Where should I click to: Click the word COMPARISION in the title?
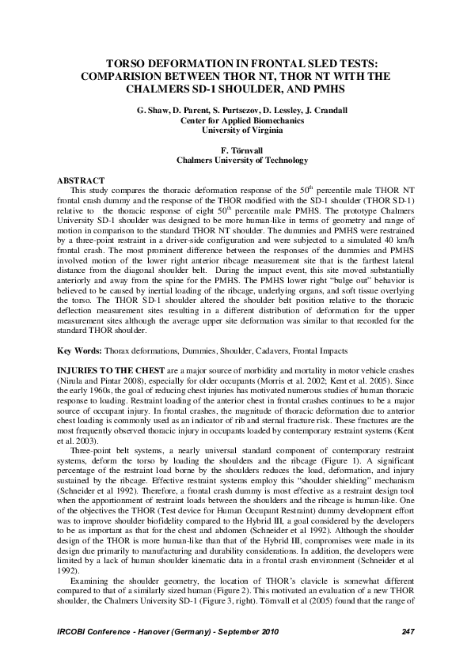tap(127, 77)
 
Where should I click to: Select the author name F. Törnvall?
tap(235, 149)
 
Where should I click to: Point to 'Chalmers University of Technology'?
tap(235, 159)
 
